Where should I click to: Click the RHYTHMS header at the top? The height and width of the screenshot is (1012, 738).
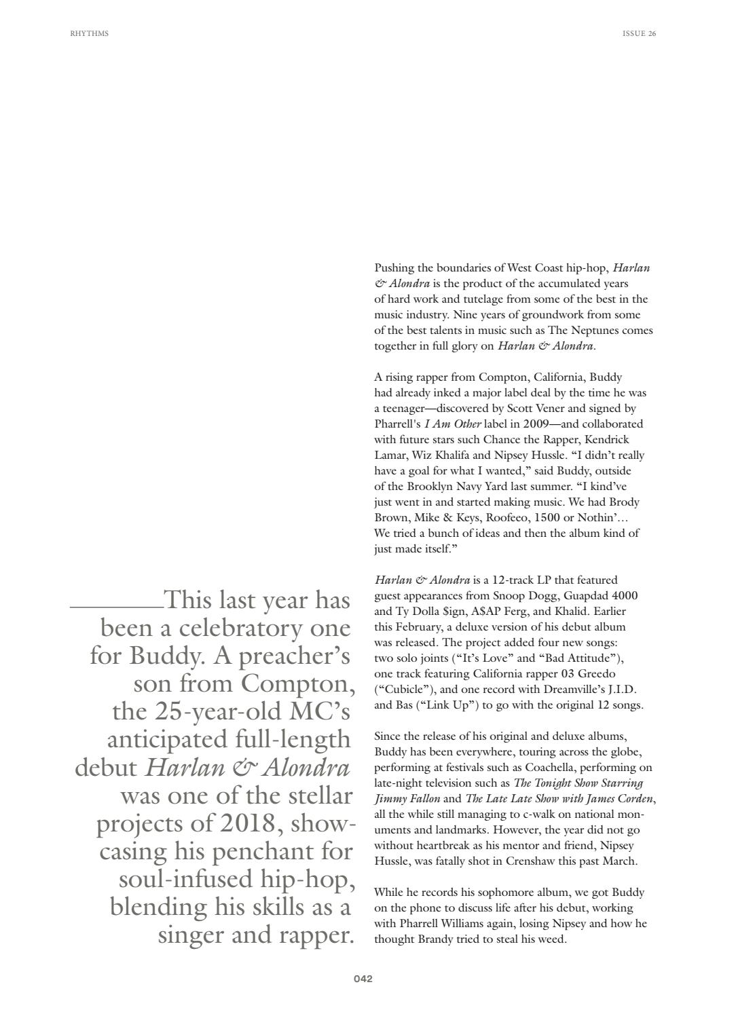89,33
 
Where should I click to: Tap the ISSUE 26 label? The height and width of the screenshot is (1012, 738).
639,33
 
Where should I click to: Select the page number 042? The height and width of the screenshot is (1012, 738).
363,979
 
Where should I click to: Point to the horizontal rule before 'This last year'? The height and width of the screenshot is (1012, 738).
116,607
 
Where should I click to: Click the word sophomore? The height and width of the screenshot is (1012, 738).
503,893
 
